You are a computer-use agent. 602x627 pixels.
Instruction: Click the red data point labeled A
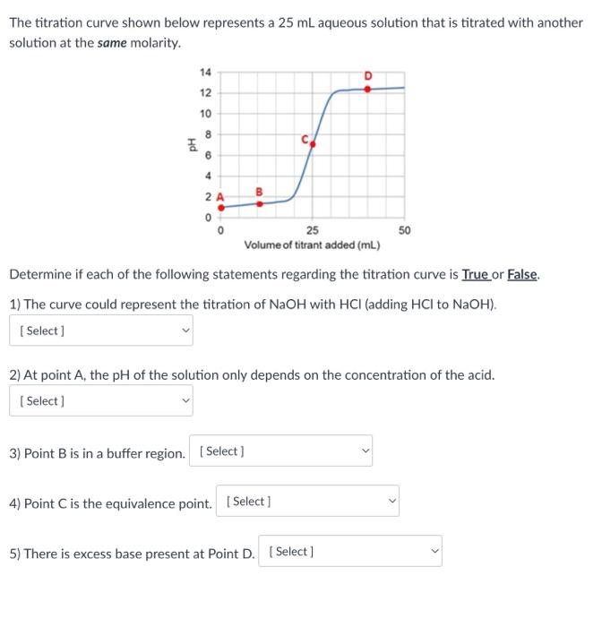(221, 207)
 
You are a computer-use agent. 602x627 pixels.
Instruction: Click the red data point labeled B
(260, 203)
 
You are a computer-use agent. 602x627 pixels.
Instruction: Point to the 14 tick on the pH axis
(205, 73)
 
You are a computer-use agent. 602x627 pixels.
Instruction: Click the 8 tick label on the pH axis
(207, 133)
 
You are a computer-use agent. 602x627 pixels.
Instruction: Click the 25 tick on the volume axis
(312, 230)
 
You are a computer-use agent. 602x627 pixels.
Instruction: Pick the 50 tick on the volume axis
(404, 230)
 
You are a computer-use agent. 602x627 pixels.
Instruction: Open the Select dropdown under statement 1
(101, 331)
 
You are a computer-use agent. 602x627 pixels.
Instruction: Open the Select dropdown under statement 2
(101, 401)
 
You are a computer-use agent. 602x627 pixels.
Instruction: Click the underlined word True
(476, 275)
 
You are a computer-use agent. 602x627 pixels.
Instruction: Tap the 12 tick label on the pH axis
(205, 93)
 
